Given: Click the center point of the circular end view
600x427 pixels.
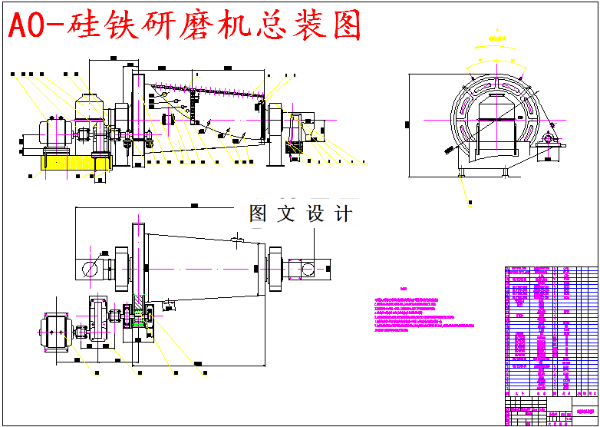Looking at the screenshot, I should pyautogui.click(x=497, y=119).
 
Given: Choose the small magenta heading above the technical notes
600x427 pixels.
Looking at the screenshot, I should pyautogui.click(x=404, y=290).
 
